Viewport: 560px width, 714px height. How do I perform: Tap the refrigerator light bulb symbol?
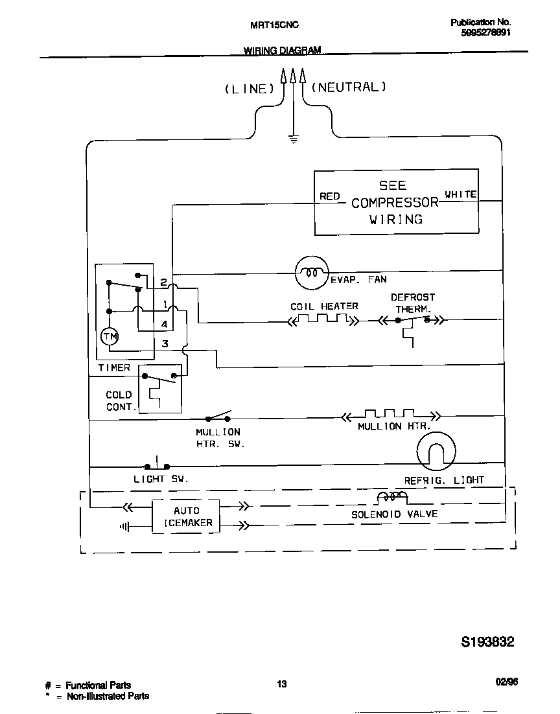436,452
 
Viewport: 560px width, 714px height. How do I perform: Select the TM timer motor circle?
110,336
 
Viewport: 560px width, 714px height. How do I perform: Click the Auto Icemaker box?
186,516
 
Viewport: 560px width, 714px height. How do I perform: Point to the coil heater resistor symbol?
323,319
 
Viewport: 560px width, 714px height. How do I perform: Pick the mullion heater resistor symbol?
390,415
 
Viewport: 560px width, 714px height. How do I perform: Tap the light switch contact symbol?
157,465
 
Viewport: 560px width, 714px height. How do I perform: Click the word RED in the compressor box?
329,196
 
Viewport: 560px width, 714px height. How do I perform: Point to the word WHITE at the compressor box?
461,194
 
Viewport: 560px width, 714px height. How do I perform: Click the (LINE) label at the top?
246,89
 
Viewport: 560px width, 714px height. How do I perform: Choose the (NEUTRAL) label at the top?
349,87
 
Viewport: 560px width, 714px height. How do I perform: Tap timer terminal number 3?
165,344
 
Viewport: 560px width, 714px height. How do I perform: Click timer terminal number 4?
165,324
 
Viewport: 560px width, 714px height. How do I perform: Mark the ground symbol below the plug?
294,138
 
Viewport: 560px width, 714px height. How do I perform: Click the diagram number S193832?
487,642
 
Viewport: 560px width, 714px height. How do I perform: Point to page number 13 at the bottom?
281,684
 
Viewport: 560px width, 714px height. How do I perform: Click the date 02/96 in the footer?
506,682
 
